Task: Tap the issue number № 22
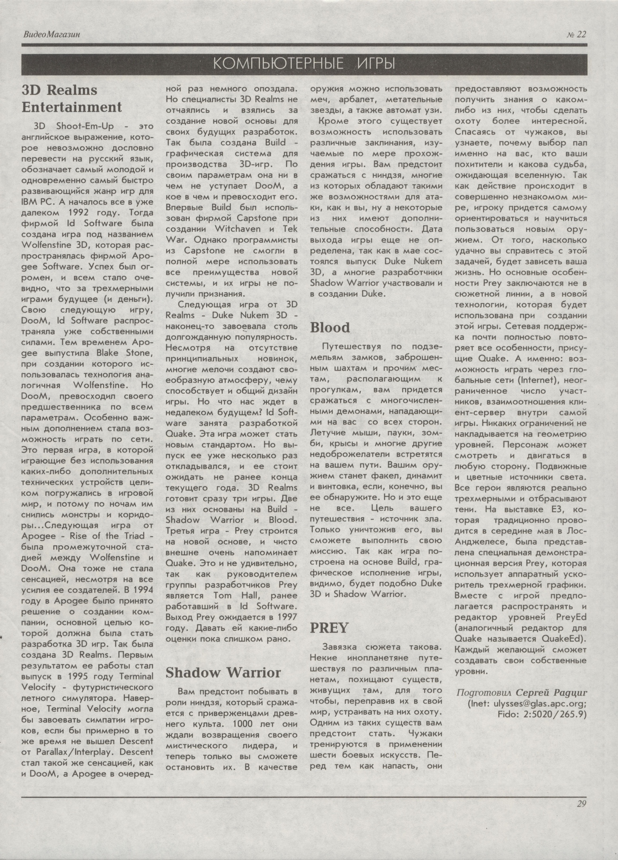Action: point(576,35)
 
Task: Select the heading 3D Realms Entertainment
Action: point(72,98)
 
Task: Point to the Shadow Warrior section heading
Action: point(223,672)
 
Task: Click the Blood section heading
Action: point(329,327)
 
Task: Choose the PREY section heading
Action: point(329,627)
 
